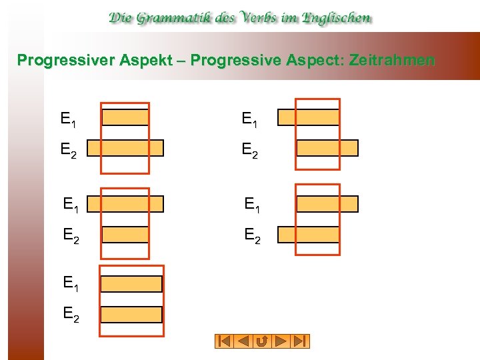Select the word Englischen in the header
[x=337, y=18]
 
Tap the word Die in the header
[x=124, y=18]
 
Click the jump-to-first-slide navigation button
[x=223, y=341]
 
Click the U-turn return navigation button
[x=262, y=341]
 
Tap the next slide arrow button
[x=281, y=341]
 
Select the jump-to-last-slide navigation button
[x=301, y=341]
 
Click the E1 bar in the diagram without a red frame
[x=131, y=284]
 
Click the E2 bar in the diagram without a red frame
[x=131, y=315]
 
